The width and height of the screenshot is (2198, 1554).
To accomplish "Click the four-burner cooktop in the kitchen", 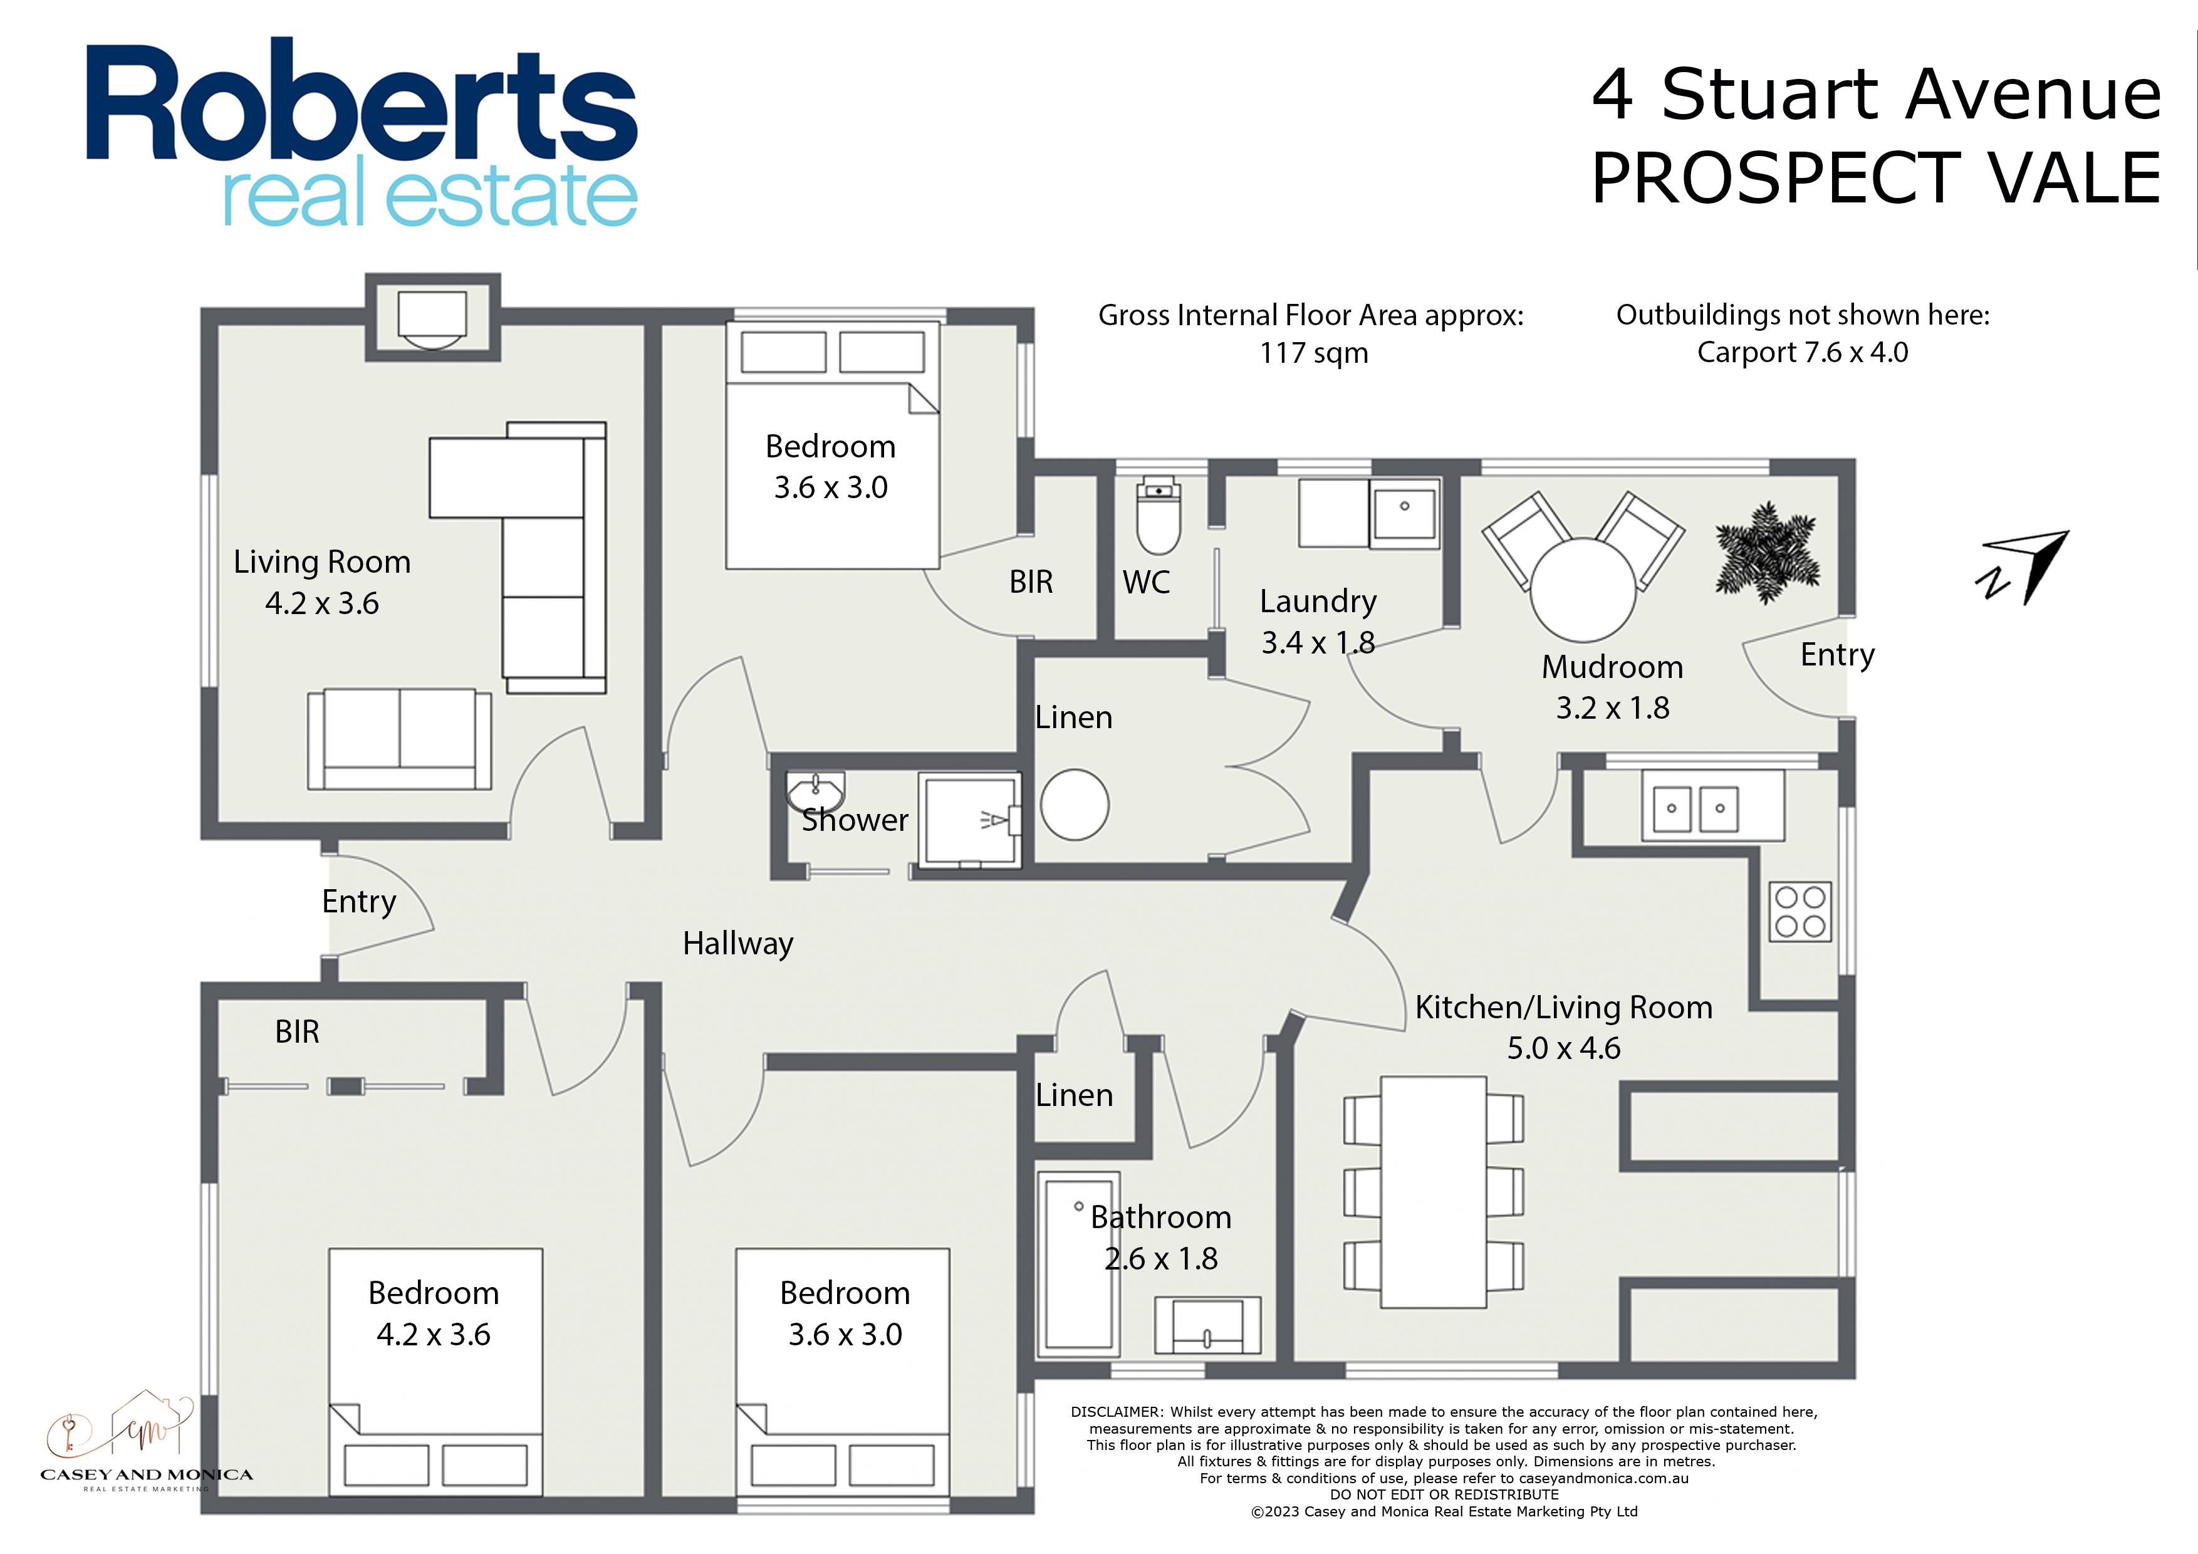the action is click(x=1800, y=912).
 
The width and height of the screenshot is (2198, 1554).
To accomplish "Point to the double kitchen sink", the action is click(x=1695, y=807).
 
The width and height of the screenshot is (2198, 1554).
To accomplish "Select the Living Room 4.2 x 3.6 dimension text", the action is click(x=321, y=603).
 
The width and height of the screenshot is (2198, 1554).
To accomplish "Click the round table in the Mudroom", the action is click(x=1583, y=589).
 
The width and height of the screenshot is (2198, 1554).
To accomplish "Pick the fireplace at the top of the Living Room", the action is click(x=433, y=319).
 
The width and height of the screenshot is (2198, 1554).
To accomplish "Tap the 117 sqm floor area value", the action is click(x=1313, y=353).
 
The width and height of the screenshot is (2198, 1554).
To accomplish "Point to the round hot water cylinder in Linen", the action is click(x=1074, y=805).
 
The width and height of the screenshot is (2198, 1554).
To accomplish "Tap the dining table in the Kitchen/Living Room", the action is click(x=1433, y=1192).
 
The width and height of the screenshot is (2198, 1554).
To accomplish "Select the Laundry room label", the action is click(x=1318, y=602).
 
